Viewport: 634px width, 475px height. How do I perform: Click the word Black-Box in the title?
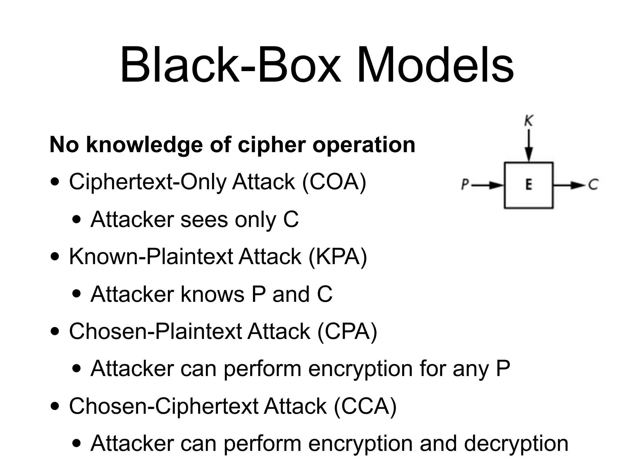(x=231, y=66)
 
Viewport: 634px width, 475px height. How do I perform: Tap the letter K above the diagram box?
(x=528, y=121)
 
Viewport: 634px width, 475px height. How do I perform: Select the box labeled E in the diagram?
(x=528, y=185)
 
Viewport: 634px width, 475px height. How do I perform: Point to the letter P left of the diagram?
(x=465, y=185)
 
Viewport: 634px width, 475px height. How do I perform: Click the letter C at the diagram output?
(x=593, y=185)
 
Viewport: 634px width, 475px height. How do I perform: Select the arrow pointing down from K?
(x=529, y=145)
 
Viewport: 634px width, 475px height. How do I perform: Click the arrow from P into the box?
(x=488, y=185)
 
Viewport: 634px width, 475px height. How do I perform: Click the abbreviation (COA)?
(x=334, y=182)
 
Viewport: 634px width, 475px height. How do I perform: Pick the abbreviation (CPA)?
(x=347, y=331)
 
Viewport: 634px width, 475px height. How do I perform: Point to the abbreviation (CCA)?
(x=365, y=406)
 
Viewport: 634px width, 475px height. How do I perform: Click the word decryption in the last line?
(x=516, y=443)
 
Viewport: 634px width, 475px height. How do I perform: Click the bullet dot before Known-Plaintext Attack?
(x=55, y=257)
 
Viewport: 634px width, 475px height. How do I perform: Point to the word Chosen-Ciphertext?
(x=163, y=406)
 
